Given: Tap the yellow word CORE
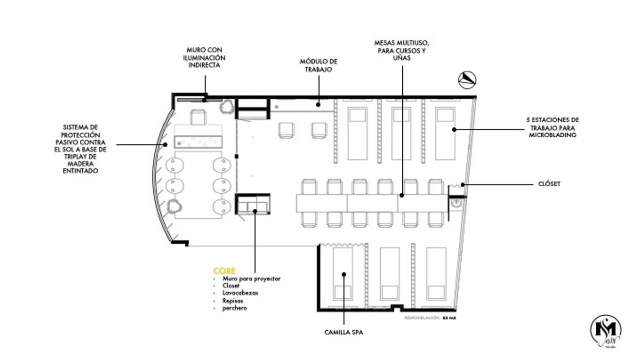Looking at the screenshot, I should tap(224, 271).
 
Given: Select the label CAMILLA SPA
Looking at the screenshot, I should tap(344, 333).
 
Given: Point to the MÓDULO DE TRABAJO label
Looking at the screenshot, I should tap(318, 65).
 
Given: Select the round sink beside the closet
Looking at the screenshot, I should tap(456, 204).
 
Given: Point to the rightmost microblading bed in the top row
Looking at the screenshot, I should tap(445, 132).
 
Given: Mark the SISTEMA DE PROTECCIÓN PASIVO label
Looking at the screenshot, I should tap(84, 149).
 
